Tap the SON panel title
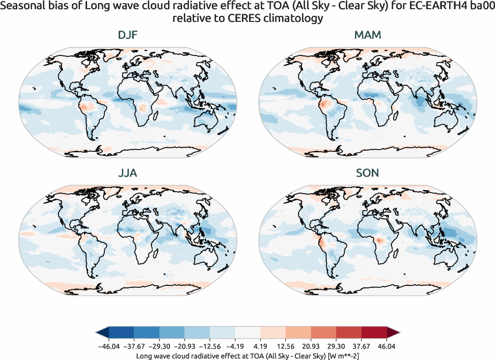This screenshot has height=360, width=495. [x=368, y=173]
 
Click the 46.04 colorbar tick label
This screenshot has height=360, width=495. [x=387, y=346]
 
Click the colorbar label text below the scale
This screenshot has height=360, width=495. [x=248, y=355]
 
